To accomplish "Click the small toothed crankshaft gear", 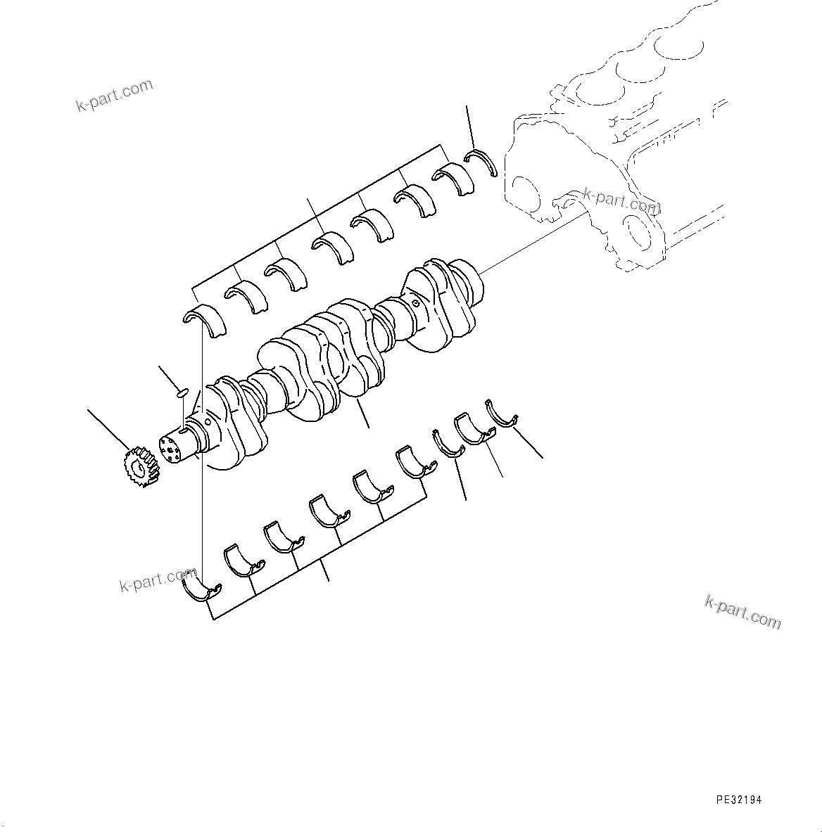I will [138, 466].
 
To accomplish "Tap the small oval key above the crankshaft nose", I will [182, 392].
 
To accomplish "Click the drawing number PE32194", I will [738, 800].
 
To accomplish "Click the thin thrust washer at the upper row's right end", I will [484, 161].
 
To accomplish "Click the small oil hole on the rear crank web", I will [416, 305].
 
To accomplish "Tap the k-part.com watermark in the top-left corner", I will [114, 96].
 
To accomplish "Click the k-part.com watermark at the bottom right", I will [742, 611].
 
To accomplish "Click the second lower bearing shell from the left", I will [242, 558].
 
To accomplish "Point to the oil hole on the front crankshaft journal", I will [209, 423].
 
